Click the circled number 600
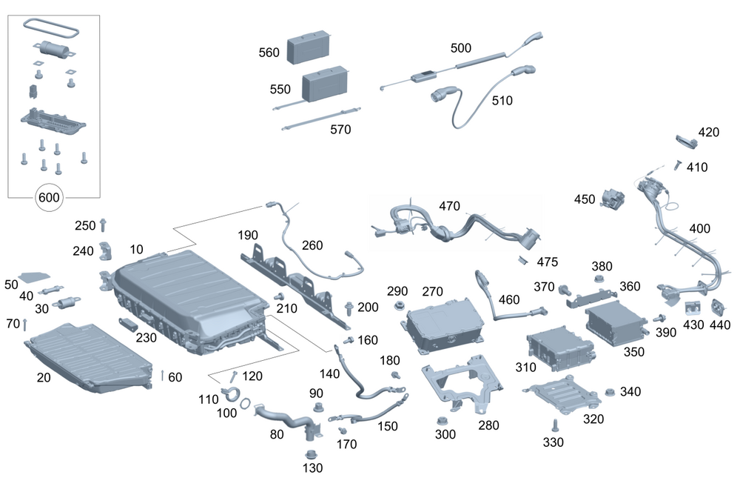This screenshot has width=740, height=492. click(50, 198)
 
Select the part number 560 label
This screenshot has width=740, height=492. click(269, 53)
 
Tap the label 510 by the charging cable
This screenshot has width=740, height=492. click(501, 101)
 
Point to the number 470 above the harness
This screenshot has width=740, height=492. click(449, 205)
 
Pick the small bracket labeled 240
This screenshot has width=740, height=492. click(106, 252)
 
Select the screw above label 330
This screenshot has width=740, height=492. click(554, 425)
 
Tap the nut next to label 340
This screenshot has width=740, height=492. click(610, 393)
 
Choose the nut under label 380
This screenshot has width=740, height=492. click(599, 281)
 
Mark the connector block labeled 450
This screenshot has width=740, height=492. click(611, 199)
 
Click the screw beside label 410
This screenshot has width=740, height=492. click(677, 165)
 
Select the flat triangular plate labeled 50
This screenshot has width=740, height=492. click(31, 276)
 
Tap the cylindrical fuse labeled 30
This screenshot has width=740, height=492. click(70, 302)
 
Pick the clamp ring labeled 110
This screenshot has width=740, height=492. click(231, 396)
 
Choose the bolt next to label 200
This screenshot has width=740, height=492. click(348, 306)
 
